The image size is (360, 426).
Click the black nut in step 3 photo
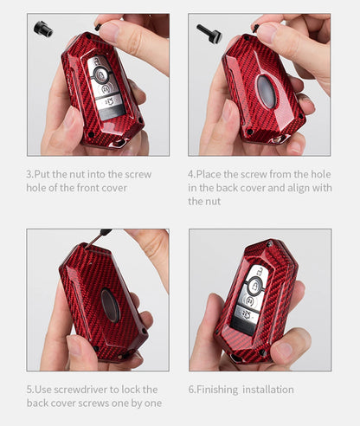43,29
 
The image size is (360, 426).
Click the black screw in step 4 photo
209,34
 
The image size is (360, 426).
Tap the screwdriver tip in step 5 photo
87,247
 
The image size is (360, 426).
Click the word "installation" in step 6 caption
268,390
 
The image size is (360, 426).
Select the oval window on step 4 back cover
267,92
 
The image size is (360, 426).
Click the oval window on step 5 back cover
111,306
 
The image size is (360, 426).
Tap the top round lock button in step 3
100,74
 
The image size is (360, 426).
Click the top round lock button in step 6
255,285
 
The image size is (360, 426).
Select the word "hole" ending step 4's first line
320,174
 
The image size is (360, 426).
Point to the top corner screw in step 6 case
270,243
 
